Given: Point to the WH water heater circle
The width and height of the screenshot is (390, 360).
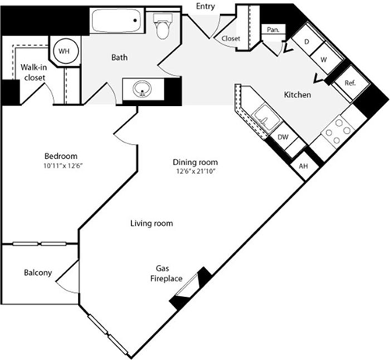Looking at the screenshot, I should pos(62,51).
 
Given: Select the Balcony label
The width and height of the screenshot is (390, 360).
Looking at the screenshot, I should pos(37,273).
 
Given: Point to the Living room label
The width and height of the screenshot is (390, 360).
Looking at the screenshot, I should pos(151,224).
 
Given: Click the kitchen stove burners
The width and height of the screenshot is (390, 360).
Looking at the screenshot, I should pos(336,133).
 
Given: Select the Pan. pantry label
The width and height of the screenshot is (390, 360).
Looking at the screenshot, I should pos(273,30).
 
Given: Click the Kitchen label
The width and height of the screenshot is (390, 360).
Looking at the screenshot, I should pos(298,95).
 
